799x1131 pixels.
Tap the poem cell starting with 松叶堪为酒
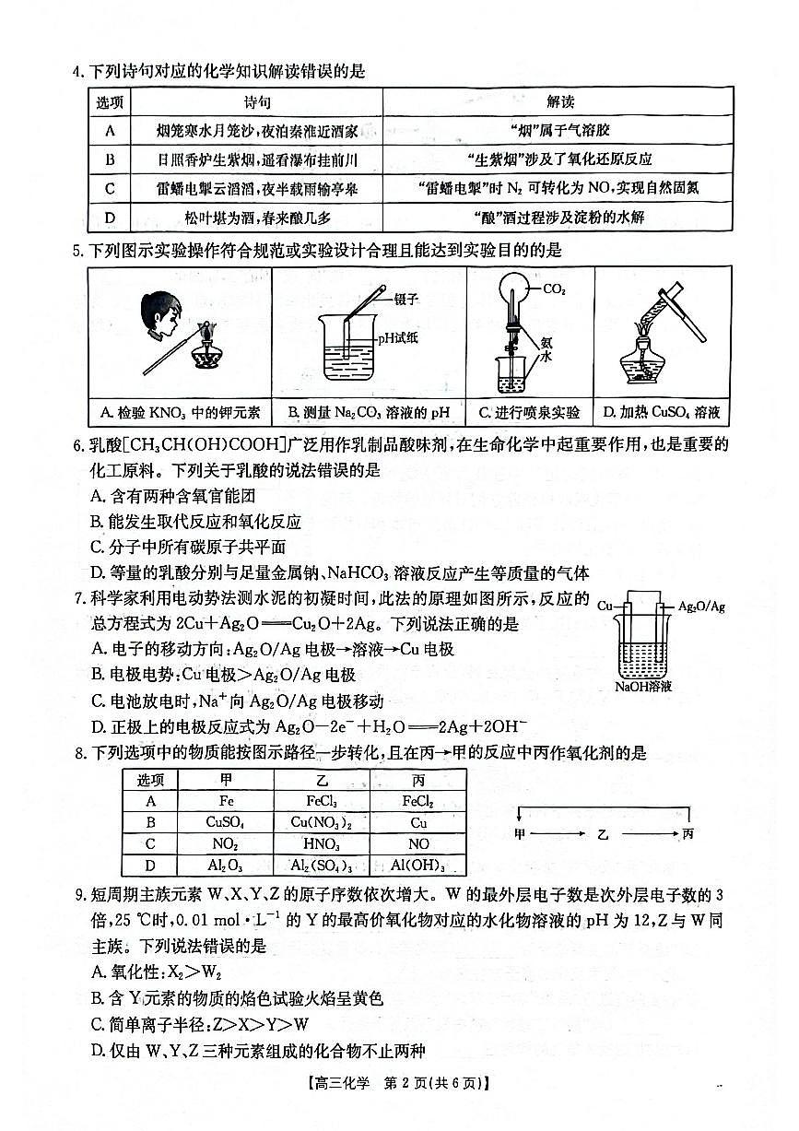[x=257, y=218]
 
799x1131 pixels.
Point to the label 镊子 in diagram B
[x=405, y=299]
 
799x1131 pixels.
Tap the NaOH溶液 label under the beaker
[x=643, y=687]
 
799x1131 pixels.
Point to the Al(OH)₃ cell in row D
[x=417, y=866]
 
